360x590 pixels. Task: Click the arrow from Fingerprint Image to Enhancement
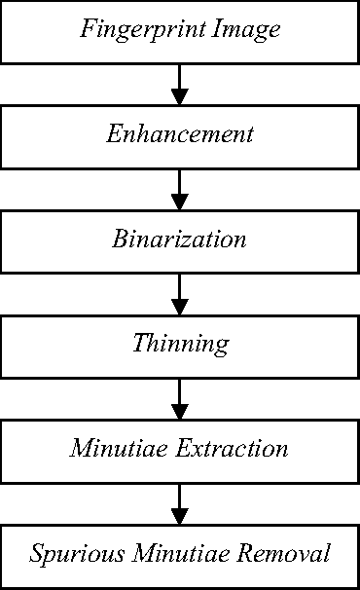tap(179, 84)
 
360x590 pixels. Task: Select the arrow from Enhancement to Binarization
tap(179, 189)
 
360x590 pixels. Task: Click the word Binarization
tap(179, 240)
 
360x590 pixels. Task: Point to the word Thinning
tap(180, 345)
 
